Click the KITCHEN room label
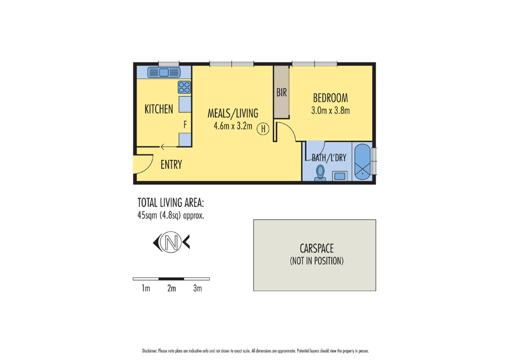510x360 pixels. [158, 110]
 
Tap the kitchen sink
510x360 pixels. [163, 73]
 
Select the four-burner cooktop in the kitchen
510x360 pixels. [184, 88]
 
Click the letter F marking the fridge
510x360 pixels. [185, 125]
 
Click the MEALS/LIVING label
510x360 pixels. [233, 113]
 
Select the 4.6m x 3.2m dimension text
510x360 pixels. [233, 126]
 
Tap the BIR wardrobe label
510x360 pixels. [282, 93]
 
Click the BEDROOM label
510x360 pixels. [330, 98]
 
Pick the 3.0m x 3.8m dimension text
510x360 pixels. [330, 110]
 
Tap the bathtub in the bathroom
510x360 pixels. [362, 163]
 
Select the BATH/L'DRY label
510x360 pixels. [328, 157]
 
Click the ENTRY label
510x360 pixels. [171, 165]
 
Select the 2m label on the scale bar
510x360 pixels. [171, 289]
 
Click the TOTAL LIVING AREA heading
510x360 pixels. [170, 203]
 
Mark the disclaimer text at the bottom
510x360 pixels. [255, 350]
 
